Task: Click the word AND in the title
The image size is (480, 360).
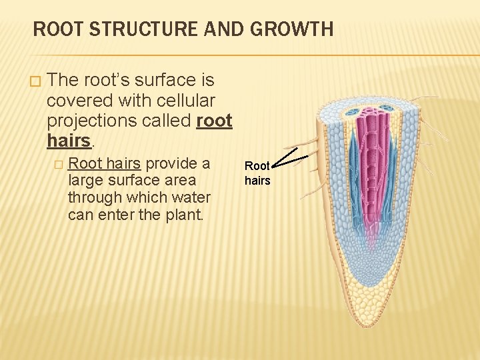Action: tap(225, 29)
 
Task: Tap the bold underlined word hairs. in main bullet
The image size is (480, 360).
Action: tap(69, 141)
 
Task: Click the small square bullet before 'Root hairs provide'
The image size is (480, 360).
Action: tap(59, 164)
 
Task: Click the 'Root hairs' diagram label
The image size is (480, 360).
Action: tap(257, 173)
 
